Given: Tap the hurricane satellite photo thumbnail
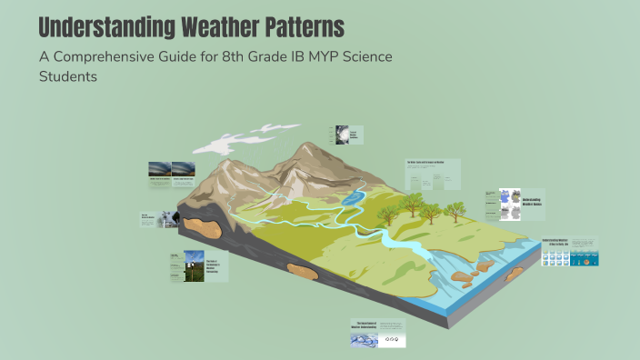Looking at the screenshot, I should [x=342, y=135].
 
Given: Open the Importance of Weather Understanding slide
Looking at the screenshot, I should [x=377, y=333].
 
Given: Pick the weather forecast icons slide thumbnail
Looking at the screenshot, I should [x=569, y=252].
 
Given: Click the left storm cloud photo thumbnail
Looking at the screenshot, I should [x=159, y=170].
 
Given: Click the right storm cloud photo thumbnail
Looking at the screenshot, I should [x=183, y=170].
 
